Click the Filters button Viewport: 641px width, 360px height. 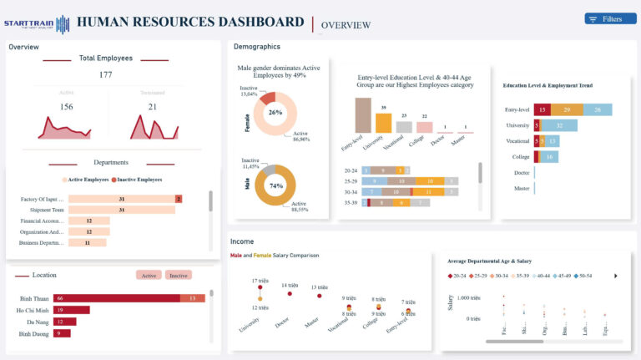click(605, 18)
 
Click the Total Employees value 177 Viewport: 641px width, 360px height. click(105, 75)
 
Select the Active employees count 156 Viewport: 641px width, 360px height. click(66, 107)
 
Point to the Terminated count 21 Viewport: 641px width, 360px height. click(152, 107)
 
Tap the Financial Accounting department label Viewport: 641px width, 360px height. click(43, 221)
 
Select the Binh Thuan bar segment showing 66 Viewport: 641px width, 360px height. click(117, 298)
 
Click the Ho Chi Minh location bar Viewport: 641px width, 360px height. click(71, 310)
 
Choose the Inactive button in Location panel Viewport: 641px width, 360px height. click(178, 275)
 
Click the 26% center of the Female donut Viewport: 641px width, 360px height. click(275, 112)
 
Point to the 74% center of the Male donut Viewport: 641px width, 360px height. click(275, 186)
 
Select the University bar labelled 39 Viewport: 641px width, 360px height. click(383, 123)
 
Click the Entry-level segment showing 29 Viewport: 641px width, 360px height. click(567, 109)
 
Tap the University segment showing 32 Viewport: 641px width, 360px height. click(560, 125)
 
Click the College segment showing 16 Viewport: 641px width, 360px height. click(548, 156)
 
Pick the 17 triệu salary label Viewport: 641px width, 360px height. click(260, 281)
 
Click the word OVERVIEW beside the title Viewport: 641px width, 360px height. click(346, 25)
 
